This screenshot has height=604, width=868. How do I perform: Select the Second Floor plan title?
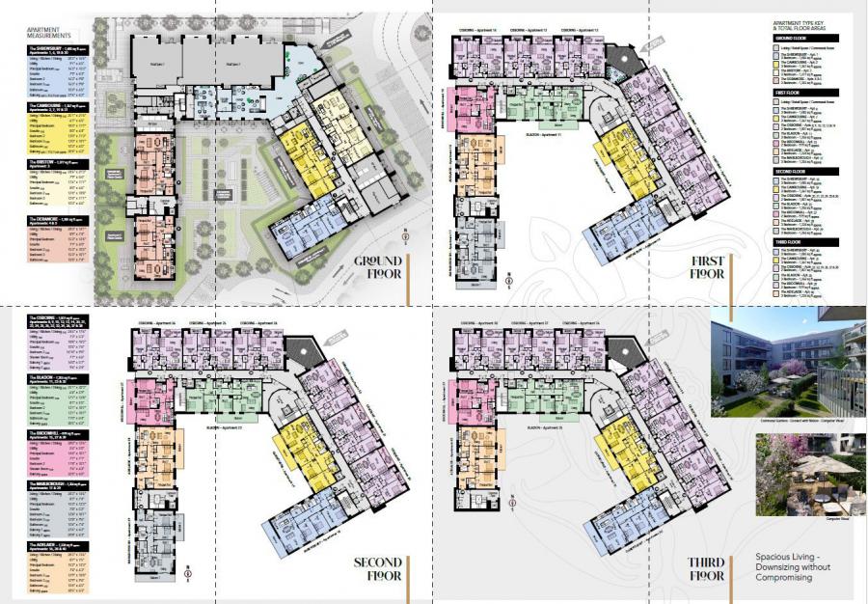pos(377,569)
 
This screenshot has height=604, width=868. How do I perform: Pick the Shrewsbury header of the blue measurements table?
pos(62,49)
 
